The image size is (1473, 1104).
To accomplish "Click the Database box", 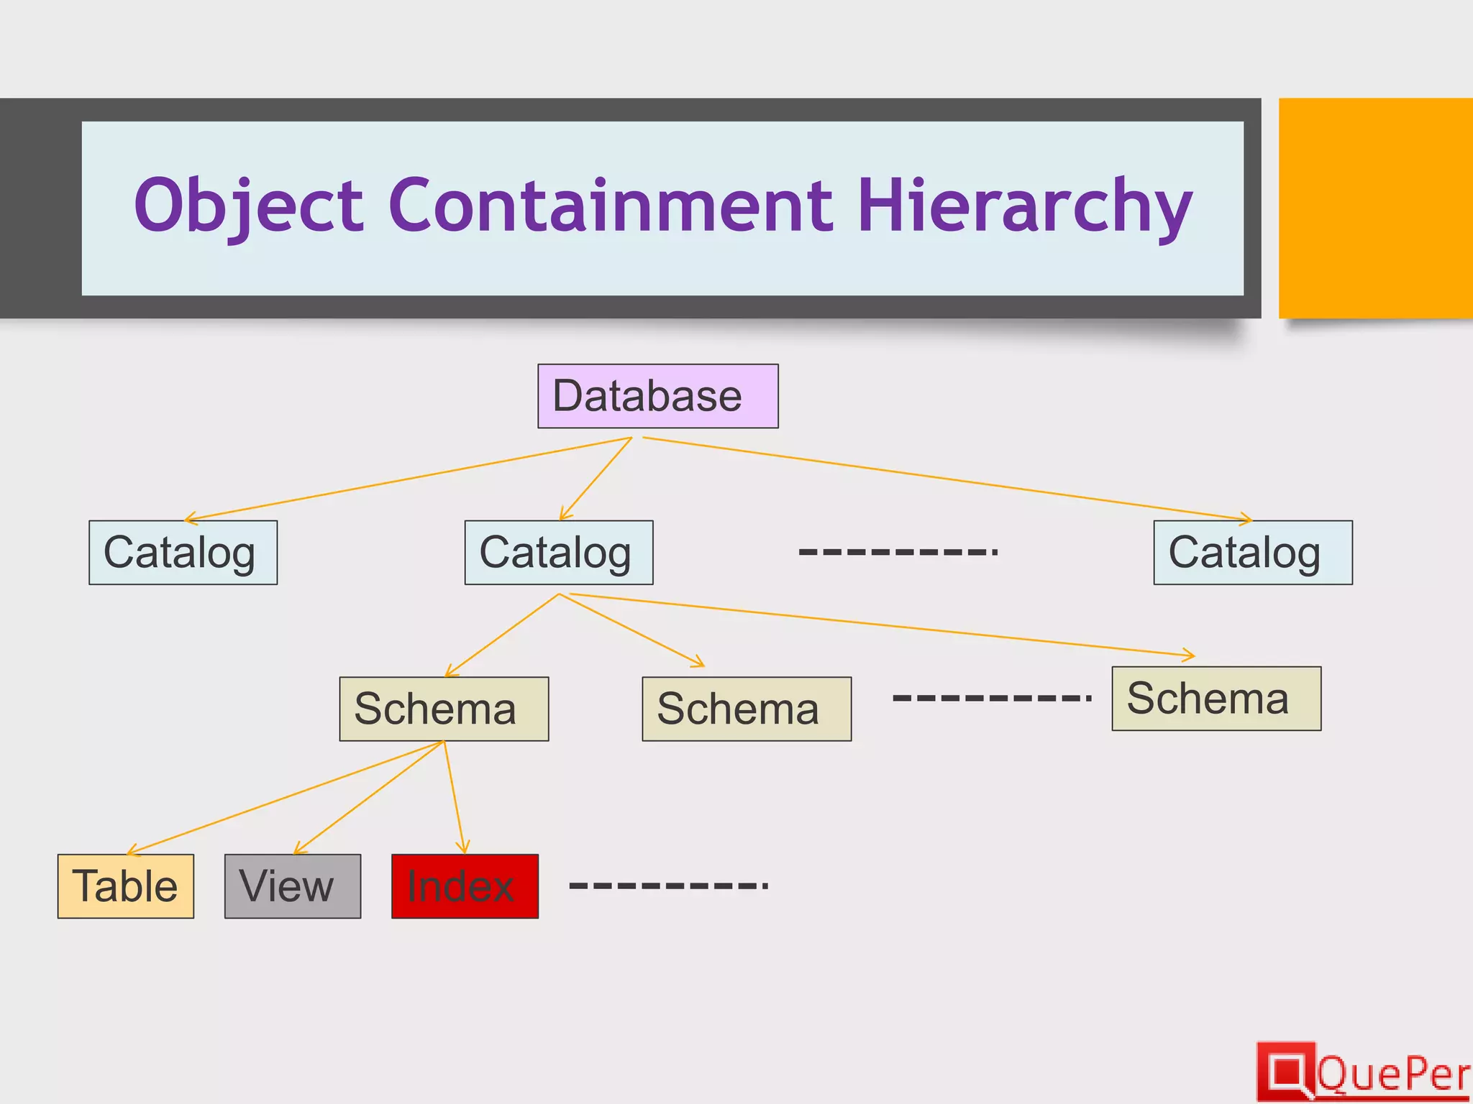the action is coord(657,396).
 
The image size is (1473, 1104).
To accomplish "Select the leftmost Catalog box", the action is coord(183,552).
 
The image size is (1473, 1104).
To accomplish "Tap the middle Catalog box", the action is coord(559,552).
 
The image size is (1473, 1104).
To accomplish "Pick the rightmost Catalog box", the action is coord(1252,552).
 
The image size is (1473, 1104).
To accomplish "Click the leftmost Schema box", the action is coord(444,709).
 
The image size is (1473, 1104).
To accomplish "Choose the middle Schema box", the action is coord(746,709).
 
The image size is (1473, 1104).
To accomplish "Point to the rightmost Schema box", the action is coord(1216,699).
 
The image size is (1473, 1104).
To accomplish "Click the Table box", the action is coord(126,885).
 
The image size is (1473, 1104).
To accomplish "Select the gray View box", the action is coord(293,885).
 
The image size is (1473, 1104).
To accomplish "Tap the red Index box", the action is coord(465,885).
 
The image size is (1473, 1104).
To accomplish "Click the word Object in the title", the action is coord(249,206).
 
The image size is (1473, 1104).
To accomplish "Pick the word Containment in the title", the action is coord(611,206).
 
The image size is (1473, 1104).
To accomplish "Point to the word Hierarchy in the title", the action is coord(1024,206).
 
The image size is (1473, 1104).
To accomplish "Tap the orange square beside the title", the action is coord(1375,208).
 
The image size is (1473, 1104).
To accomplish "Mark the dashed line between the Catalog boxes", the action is coord(898,552).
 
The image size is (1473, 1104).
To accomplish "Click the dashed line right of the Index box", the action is coord(668,885).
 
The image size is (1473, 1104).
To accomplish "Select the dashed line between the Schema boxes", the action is coord(992,697).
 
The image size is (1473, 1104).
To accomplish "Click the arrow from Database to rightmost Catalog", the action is coord(947,479).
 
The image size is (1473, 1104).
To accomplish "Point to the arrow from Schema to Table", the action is coord(285,798).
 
